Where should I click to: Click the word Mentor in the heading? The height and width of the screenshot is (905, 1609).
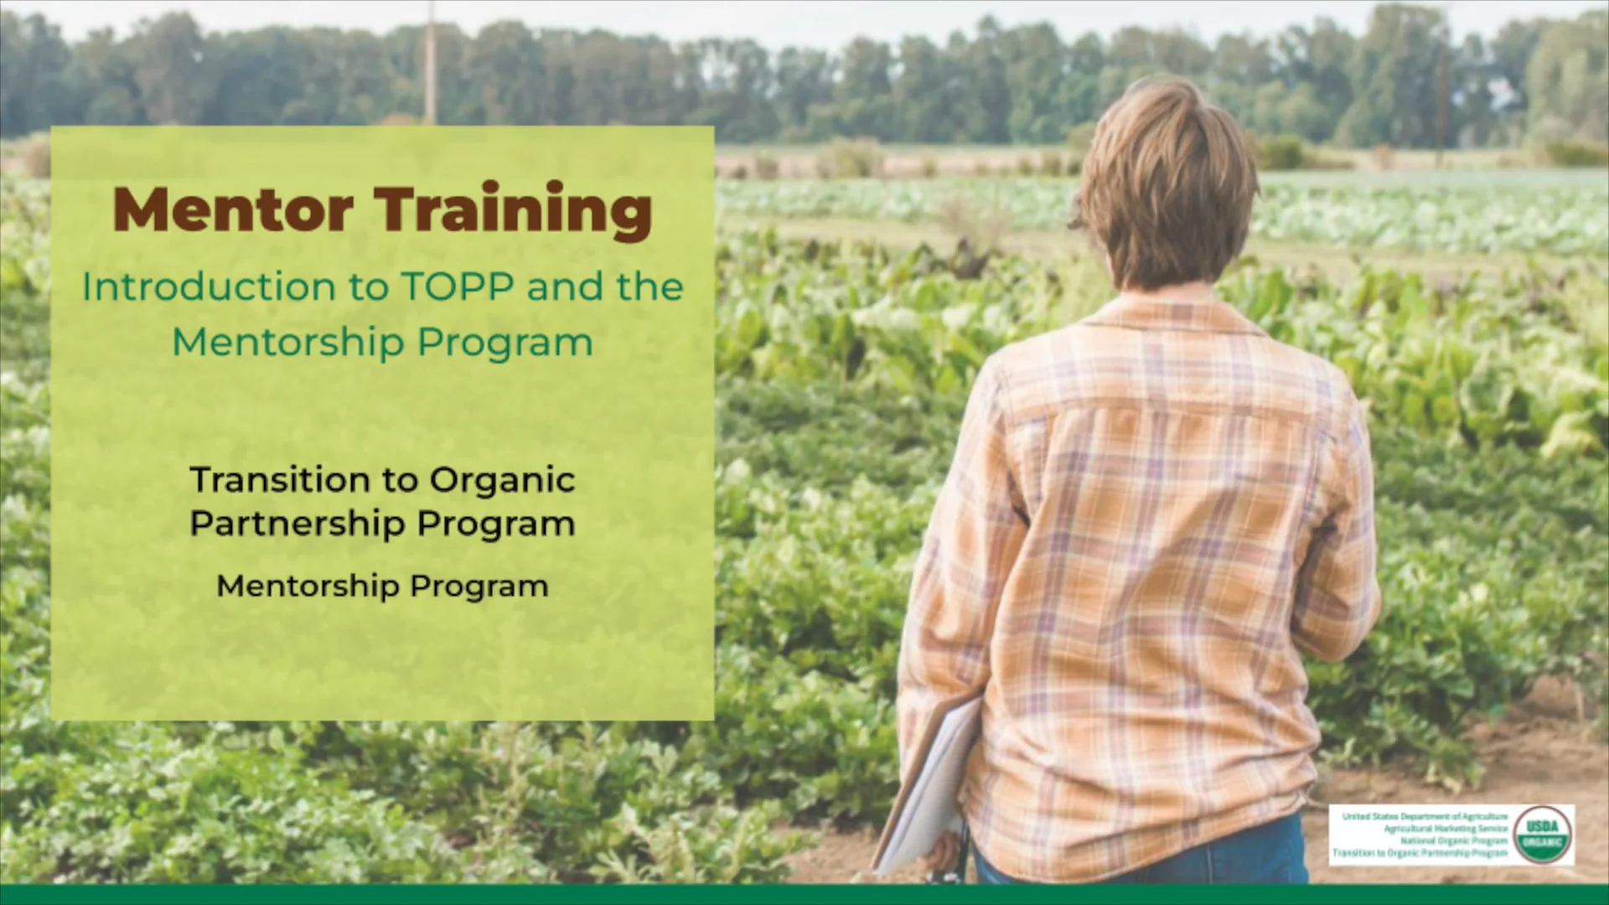pyautogui.click(x=233, y=209)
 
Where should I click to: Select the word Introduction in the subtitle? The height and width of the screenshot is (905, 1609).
pyautogui.click(x=207, y=287)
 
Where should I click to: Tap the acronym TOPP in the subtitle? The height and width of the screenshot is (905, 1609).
pyautogui.click(x=458, y=287)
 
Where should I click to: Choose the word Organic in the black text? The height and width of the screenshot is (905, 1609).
pyautogui.click(x=502, y=480)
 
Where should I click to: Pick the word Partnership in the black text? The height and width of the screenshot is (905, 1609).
pyautogui.click(x=297, y=525)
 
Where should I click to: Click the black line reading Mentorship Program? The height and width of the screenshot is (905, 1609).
pyautogui.click(x=382, y=586)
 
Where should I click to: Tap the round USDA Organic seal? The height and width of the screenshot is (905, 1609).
pyautogui.click(x=1543, y=835)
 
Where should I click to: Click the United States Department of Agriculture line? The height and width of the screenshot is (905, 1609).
pyautogui.click(x=1425, y=816)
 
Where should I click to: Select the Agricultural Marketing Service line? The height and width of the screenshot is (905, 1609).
pyautogui.click(x=1446, y=828)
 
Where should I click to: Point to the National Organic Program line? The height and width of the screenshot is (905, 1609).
pyautogui.click(x=1454, y=840)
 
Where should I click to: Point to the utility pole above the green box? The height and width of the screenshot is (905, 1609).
pyautogui.click(x=430, y=63)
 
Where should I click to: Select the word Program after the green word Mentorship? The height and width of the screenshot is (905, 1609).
pyautogui.click(x=504, y=342)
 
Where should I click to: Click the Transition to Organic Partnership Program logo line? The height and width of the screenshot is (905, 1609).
pyautogui.click(x=1420, y=853)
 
